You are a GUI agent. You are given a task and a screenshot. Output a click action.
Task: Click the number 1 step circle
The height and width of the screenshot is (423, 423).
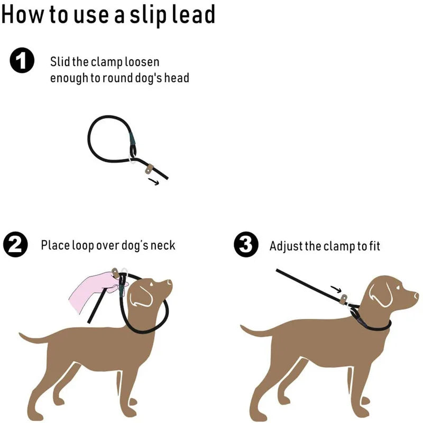point(22,61)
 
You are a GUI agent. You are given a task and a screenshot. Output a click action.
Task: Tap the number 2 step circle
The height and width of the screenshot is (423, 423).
point(15,245)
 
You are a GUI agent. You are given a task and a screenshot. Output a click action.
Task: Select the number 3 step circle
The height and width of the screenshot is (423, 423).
point(246,245)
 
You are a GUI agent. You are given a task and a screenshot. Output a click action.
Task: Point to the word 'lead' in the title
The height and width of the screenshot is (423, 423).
point(196,14)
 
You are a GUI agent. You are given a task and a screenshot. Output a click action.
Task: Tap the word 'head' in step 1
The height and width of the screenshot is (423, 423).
point(177,78)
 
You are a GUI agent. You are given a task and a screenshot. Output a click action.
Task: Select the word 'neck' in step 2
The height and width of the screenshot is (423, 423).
point(162,245)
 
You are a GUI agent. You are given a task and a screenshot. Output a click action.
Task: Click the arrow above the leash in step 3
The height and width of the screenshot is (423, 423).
point(336,289)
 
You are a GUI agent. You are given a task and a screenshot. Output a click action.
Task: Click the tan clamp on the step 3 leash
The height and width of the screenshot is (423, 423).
point(344,299)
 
